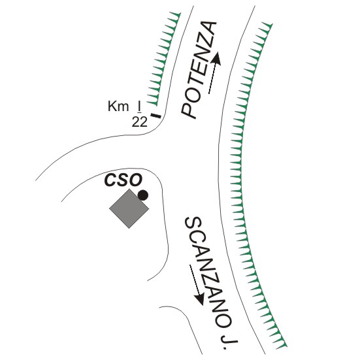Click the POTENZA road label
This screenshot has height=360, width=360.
[x=199, y=70]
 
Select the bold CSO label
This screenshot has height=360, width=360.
[x=123, y=180]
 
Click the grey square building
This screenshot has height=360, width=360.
[x=129, y=208]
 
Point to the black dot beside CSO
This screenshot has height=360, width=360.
[x=143, y=195]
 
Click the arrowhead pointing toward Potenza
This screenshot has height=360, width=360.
[x=216, y=58]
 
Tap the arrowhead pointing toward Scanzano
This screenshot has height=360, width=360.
[x=199, y=299]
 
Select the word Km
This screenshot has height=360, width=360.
[x=118, y=106]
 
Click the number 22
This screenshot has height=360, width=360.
[x=139, y=122]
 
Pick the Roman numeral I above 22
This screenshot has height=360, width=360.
[x=139, y=106]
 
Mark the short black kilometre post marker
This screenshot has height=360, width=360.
[x=155, y=116]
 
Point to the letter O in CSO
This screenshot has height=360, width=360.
[x=136, y=180]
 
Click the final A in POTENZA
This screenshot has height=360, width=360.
[x=208, y=29]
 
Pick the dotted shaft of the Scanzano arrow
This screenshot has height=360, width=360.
[x=194, y=279]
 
